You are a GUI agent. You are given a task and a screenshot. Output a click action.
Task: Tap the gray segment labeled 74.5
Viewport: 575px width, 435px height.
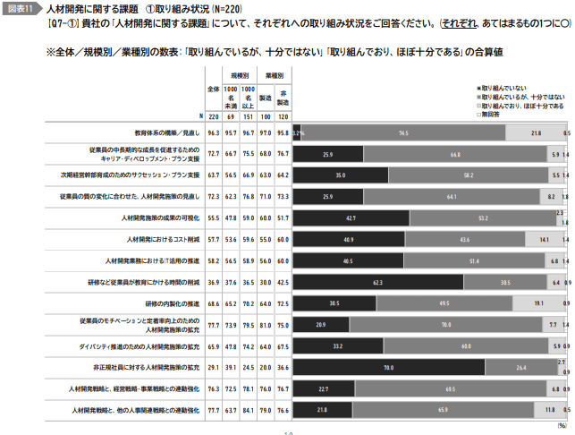coord(403,132)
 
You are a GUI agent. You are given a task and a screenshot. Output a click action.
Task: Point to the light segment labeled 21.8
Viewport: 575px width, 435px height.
coord(535,132)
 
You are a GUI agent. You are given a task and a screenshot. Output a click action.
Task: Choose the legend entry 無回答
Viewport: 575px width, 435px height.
coord(493,114)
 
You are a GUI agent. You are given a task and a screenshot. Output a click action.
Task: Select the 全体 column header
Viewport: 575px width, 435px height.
coord(213,90)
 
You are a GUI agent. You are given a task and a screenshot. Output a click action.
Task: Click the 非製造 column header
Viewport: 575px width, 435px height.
coord(283,95)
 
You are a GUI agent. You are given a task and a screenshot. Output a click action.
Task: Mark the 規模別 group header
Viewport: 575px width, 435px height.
coord(239,77)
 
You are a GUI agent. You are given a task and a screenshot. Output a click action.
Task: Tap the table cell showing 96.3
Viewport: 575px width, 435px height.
coord(213,132)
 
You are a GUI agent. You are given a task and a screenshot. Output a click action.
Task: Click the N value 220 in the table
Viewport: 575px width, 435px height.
coord(213,116)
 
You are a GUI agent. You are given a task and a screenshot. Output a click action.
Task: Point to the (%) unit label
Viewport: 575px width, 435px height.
coord(562,427)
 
